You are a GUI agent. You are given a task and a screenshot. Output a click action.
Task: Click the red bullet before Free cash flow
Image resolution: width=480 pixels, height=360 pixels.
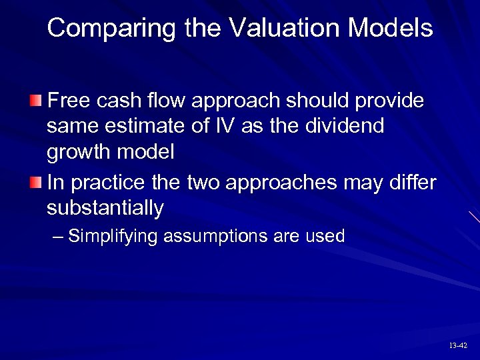[35, 101]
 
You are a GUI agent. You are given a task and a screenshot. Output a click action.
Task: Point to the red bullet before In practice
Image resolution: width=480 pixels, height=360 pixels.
[35, 182]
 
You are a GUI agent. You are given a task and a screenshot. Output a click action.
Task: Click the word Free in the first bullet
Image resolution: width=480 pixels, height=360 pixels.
[70, 101]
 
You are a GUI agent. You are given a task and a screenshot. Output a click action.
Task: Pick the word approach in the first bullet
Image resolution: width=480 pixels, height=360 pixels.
[236, 101]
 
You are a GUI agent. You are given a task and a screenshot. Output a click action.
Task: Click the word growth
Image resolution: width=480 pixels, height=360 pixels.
[80, 152]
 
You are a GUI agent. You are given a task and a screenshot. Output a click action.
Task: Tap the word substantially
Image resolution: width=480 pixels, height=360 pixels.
[105, 208]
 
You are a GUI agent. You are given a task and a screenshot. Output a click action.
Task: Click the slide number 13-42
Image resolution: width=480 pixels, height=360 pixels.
[458, 345]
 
